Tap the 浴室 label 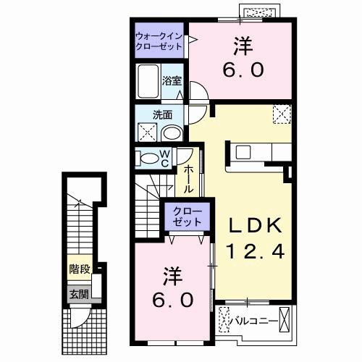point(172,80)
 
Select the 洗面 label point(161,114)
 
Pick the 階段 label point(79,268)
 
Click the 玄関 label point(79,295)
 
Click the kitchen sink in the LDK point(240,153)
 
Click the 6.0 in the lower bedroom point(172,298)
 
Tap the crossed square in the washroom point(146,132)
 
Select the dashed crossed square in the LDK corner point(280,114)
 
